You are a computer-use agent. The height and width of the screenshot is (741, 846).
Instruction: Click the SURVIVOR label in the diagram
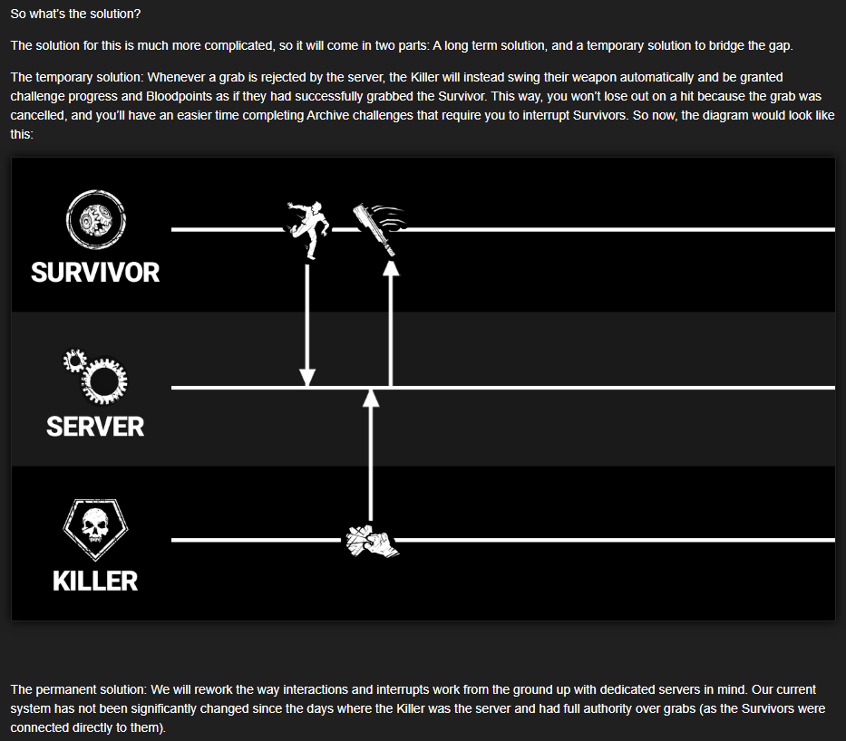95,272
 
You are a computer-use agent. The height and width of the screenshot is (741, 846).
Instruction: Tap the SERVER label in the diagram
95,427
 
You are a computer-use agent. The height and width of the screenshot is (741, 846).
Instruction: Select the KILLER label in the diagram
95,581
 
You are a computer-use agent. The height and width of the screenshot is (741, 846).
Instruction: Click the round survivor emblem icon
96,219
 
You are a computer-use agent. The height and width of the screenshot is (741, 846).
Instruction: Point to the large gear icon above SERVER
104,381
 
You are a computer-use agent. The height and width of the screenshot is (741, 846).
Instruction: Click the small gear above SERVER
74,361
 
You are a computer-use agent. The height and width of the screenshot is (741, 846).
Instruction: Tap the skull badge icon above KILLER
95,530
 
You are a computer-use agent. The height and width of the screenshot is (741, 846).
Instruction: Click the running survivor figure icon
308,229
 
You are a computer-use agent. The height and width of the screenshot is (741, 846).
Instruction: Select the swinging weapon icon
379,228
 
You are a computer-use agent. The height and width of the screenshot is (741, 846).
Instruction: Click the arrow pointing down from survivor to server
307,325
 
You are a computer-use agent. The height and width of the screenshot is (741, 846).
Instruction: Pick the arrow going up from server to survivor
391,323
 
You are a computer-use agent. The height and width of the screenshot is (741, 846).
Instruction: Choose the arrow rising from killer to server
370,456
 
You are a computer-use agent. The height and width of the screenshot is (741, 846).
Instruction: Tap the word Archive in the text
326,115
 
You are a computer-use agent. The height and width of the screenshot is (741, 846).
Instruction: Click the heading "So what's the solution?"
75,14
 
